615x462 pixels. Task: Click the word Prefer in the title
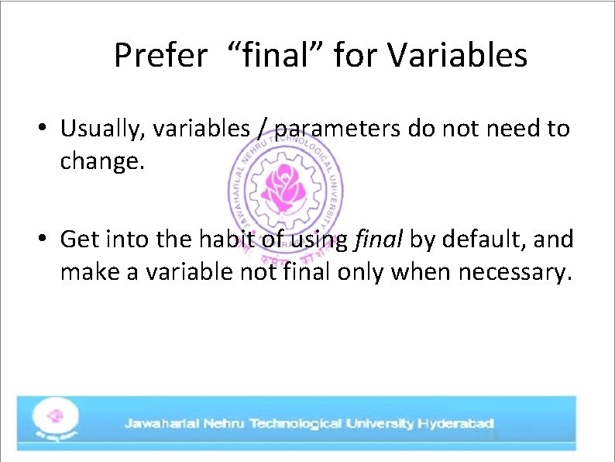(x=160, y=56)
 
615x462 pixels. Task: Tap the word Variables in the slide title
(x=457, y=56)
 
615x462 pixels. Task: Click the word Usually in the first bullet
(x=98, y=129)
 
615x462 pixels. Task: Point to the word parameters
(x=338, y=129)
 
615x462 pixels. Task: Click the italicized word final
(x=377, y=239)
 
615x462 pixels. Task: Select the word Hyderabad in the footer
(x=455, y=423)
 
